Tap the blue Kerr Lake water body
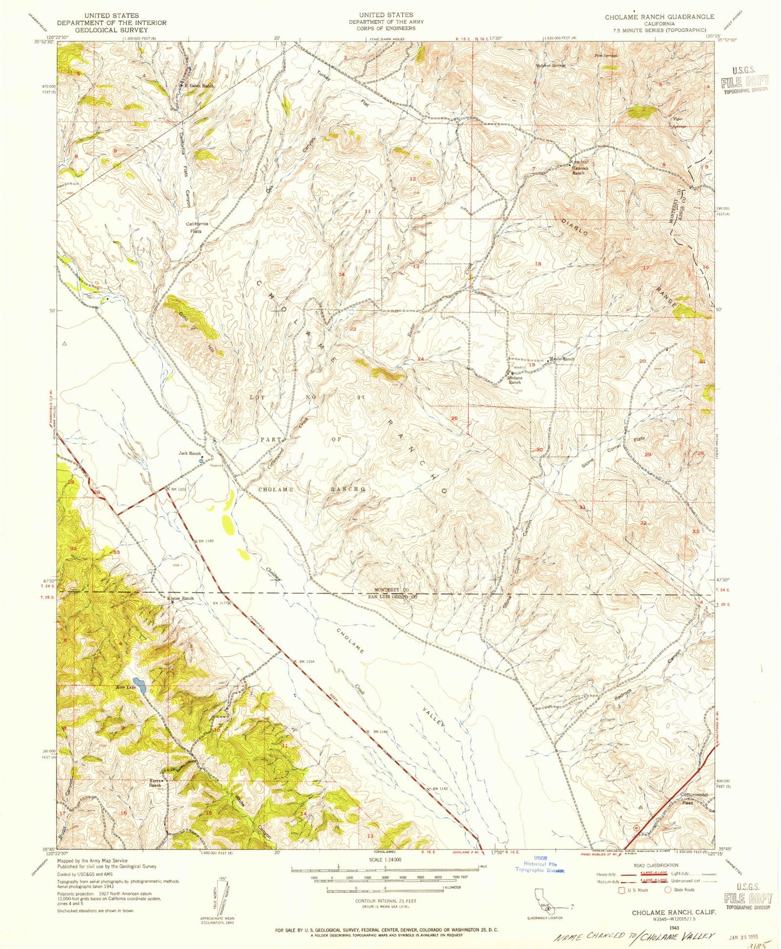[139, 686]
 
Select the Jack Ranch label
[190, 454]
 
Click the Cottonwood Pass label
[694, 798]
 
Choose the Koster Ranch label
[180, 599]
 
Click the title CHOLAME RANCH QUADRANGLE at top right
[659, 17]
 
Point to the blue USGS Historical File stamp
[540, 864]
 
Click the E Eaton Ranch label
[199, 86]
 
